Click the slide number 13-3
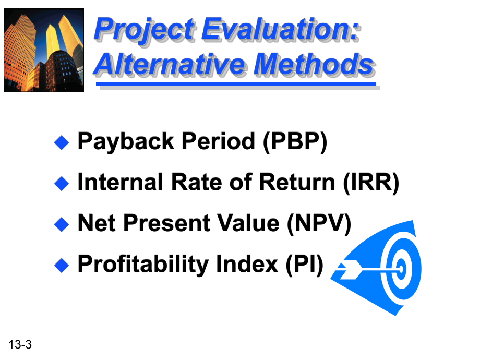tap(20, 344)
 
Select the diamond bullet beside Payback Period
tap(62, 142)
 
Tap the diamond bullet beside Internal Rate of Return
tap(62, 183)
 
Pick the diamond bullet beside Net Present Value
tap(62, 224)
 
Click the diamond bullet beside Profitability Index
tap(62, 265)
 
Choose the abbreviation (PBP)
tap(295, 142)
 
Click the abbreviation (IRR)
tap(371, 183)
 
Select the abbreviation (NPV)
tap(319, 223)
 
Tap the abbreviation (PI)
tap(305, 264)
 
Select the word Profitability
tap(143, 265)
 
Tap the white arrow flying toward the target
tap(367, 270)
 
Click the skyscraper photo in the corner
tap(44, 50)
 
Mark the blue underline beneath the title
tap(236, 84)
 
